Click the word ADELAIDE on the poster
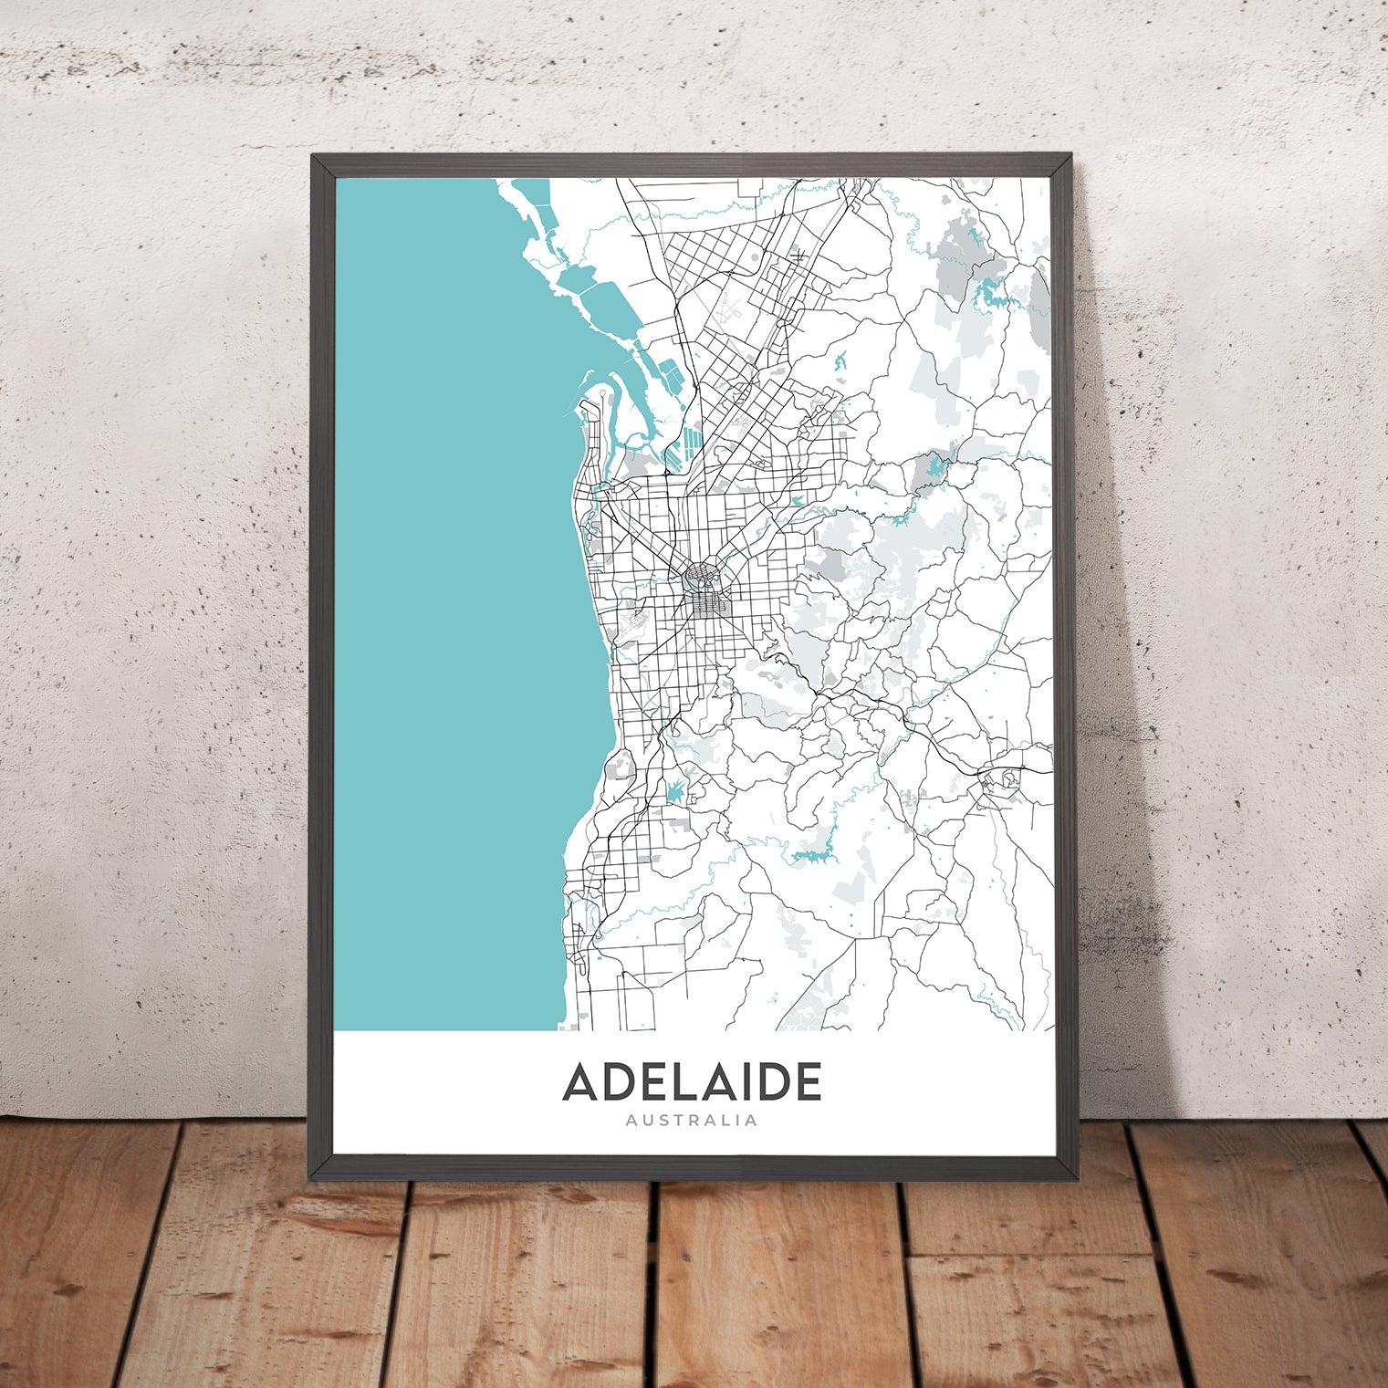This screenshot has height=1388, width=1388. click(x=693, y=1082)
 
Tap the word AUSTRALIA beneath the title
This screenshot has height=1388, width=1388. click(x=693, y=1120)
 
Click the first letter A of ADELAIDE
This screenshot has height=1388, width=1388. click(x=583, y=1082)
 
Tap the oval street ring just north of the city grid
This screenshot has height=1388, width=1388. click(x=703, y=577)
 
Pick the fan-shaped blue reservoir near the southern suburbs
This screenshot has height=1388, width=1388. click(x=675, y=791)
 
